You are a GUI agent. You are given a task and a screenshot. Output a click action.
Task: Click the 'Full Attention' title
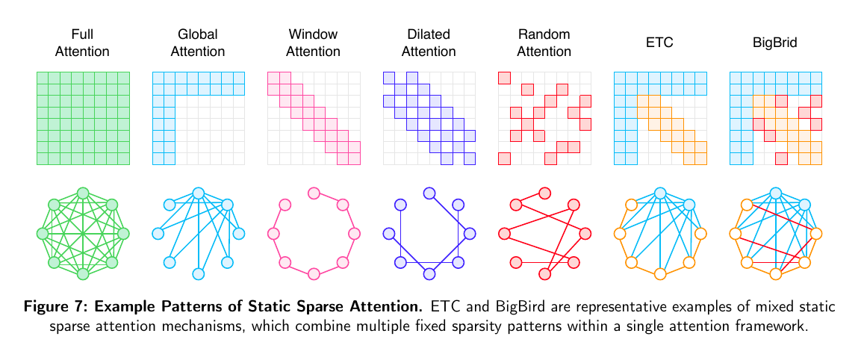(83, 43)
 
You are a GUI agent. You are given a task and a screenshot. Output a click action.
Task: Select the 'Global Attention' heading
(198, 43)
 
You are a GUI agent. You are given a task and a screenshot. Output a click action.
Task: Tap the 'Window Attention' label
(313, 43)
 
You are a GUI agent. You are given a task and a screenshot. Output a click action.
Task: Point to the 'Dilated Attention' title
(429, 43)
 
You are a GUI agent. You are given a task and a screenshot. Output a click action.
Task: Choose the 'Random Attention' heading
(544, 43)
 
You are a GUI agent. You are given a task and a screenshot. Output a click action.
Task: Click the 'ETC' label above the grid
(659, 43)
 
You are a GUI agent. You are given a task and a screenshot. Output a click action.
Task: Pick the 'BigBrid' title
(774, 43)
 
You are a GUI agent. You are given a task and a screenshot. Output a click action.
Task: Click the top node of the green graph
(83, 193)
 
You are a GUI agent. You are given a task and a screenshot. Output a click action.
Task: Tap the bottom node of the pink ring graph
(314, 274)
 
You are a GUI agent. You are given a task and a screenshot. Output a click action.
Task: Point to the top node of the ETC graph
(659, 193)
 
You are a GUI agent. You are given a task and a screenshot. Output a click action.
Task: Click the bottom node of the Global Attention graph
(198, 274)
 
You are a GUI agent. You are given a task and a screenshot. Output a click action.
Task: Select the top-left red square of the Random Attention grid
(504, 77)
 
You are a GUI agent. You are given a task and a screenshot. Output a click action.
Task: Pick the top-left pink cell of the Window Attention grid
(273, 77)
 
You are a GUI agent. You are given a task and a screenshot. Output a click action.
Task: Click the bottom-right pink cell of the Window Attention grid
(354, 158)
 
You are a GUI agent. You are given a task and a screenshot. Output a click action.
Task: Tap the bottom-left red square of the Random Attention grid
(504, 158)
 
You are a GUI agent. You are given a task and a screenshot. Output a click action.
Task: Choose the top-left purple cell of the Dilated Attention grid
(388, 77)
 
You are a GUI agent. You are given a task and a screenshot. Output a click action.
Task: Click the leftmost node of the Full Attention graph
(42, 234)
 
